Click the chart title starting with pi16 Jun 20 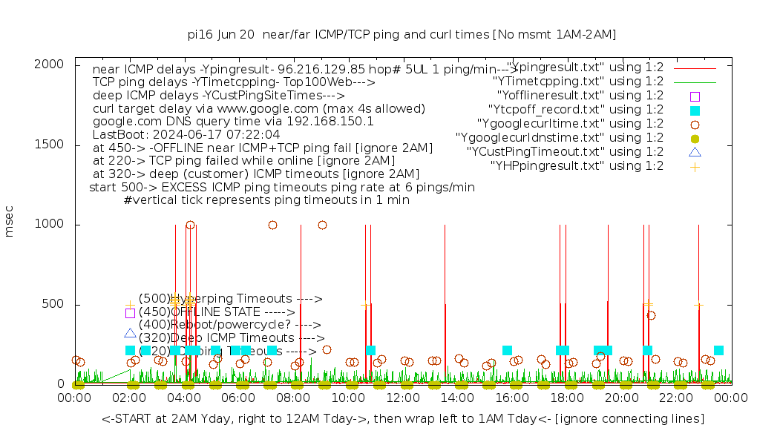click(x=402, y=34)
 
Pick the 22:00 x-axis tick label click(x=677, y=398)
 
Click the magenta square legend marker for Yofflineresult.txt click(x=695, y=96)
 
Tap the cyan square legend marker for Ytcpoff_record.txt click(x=695, y=110)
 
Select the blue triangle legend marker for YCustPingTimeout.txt click(x=695, y=152)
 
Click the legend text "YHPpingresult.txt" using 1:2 click(x=577, y=166)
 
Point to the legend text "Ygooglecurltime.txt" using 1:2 click(x=571, y=124)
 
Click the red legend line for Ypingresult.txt click(x=695, y=67)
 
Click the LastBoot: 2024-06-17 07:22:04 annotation click(x=186, y=134)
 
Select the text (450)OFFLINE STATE click(x=200, y=311)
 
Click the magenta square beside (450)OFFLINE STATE click(x=131, y=313)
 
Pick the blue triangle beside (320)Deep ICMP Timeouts click(x=131, y=334)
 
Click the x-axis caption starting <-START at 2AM click(x=403, y=419)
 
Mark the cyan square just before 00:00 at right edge click(x=718, y=350)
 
